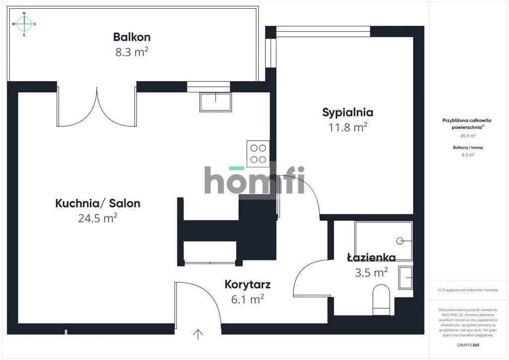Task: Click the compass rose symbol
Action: point(24,24)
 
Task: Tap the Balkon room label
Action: point(132,37)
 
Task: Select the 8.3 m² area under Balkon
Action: point(132,52)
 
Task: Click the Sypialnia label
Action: point(347,113)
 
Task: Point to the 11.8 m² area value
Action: point(347,127)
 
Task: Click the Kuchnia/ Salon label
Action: point(98,203)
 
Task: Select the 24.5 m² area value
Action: point(98,218)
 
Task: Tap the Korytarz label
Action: point(248,285)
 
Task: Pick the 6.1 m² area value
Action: point(248,299)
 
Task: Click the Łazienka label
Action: point(371,258)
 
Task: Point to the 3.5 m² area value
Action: point(371,272)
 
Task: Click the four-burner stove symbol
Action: point(258,154)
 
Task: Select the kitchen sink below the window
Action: point(216,102)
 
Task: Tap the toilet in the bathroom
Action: point(381,300)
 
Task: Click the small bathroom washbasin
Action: point(406,277)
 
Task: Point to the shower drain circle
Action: point(400,241)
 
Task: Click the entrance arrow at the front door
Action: point(198,334)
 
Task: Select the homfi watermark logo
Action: point(254,180)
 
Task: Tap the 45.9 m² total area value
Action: point(468,136)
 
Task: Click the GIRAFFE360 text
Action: point(468,345)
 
